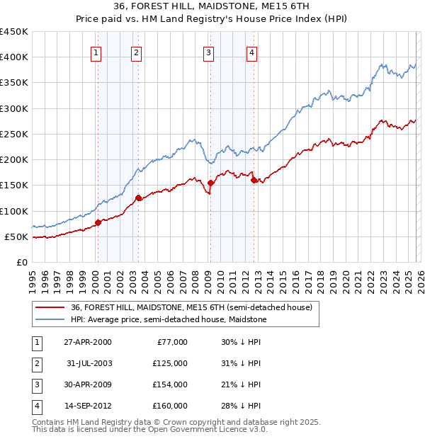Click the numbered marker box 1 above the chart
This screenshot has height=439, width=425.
coord(96,52)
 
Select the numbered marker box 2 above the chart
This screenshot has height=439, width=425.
coord(136,52)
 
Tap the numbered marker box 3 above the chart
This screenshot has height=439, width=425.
coord(208,52)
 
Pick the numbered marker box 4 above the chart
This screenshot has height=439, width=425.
coord(251,52)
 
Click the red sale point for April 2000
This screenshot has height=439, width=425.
coord(98,223)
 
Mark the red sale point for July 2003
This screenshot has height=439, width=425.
coord(139,198)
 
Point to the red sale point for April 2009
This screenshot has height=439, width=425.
coord(210,183)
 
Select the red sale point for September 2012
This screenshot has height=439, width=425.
coord(254,181)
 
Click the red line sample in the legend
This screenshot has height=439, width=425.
coord(51,307)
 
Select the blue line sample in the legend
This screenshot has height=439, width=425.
coord(51,320)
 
